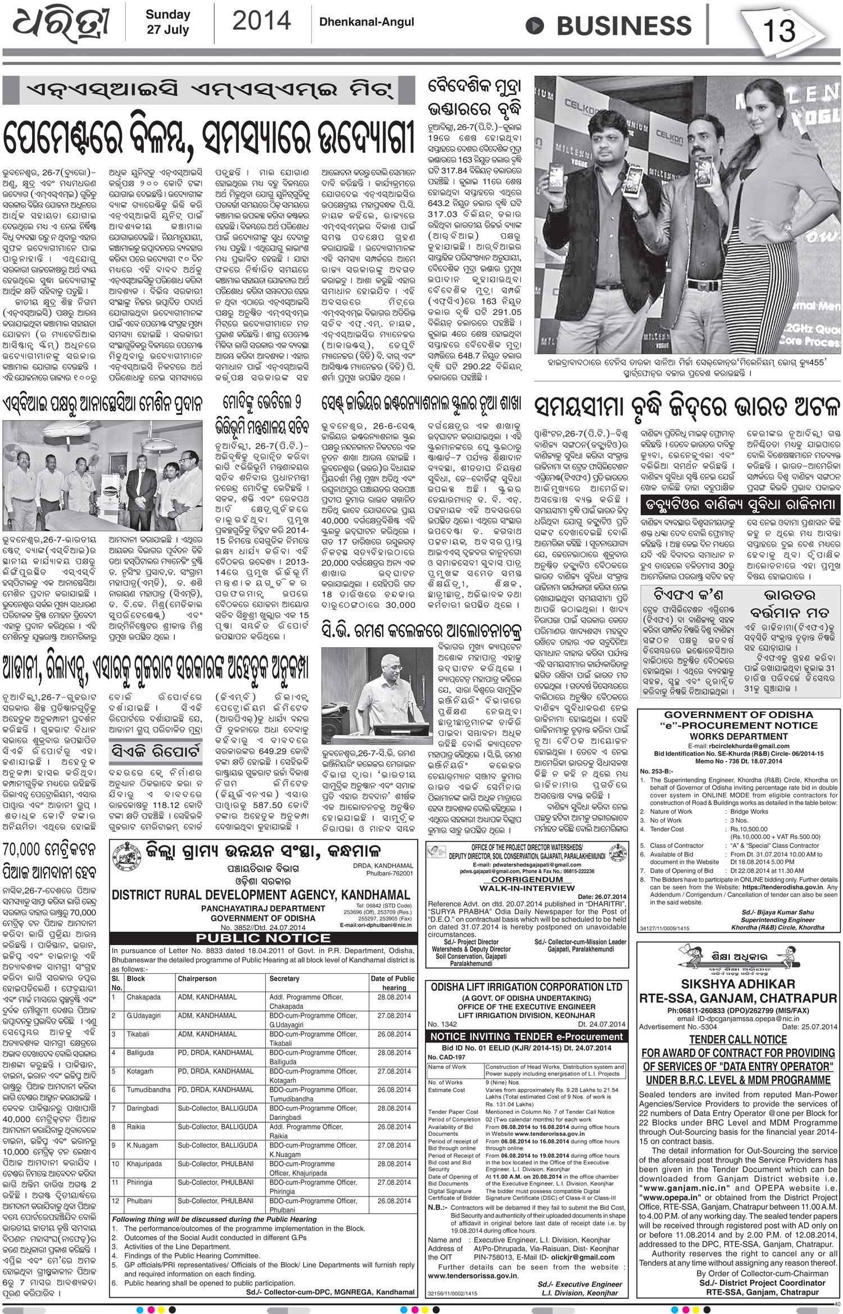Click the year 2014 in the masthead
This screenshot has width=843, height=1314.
(261, 21)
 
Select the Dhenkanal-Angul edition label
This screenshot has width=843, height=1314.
(366, 22)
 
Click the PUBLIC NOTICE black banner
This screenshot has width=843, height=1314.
(263, 938)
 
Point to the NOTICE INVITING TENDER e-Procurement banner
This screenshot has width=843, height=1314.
(526, 1036)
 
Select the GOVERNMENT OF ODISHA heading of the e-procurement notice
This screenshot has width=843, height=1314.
(738, 715)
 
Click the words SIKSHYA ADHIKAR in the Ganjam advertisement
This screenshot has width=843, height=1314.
(738, 984)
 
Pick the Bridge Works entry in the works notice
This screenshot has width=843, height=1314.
(749, 811)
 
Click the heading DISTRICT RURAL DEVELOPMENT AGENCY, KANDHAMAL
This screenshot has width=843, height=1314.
(261, 895)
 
